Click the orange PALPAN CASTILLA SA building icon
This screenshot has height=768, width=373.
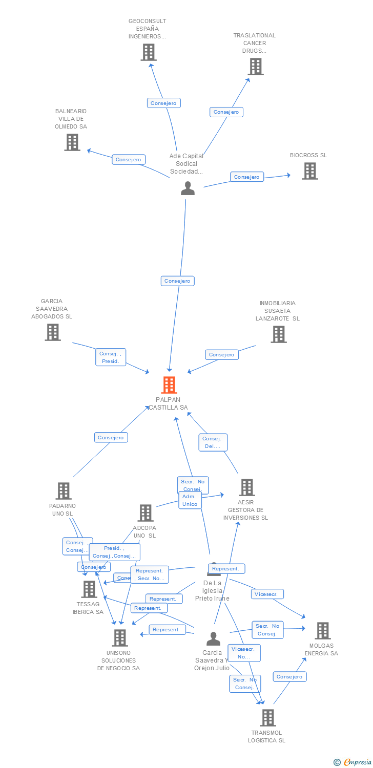[x=169, y=385]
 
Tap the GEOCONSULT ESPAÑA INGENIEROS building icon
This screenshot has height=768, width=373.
[x=149, y=52]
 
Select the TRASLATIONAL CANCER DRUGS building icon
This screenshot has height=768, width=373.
[x=256, y=67]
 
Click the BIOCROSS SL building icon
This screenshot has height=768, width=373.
[x=310, y=171]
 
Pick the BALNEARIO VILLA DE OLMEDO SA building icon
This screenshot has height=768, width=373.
[x=72, y=142]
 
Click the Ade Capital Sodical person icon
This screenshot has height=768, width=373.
[x=188, y=188]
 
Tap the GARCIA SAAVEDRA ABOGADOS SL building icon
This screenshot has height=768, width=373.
[x=53, y=332]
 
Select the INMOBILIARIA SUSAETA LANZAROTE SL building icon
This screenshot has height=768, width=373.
[x=279, y=334]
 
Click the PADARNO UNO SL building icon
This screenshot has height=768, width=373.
[x=64, y=491]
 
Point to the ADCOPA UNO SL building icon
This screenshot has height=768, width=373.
[x=146, y=513]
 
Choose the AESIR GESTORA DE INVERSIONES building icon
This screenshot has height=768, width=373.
[x=247, y=487]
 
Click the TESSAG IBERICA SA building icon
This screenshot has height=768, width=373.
[x=89, y=589]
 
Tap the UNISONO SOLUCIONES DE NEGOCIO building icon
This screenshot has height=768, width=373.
[x=120, y=638]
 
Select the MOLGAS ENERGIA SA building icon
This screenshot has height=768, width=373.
[x=322, y=631]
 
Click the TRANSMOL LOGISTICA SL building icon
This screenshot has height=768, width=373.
[x=268, y=718]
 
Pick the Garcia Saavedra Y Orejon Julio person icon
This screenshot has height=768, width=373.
[x=213, y=638]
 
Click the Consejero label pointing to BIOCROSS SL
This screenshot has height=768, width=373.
[x=247, y=177]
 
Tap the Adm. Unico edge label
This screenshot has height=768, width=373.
[x=189, y=501]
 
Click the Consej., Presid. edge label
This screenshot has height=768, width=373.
[x=111, y=357]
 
